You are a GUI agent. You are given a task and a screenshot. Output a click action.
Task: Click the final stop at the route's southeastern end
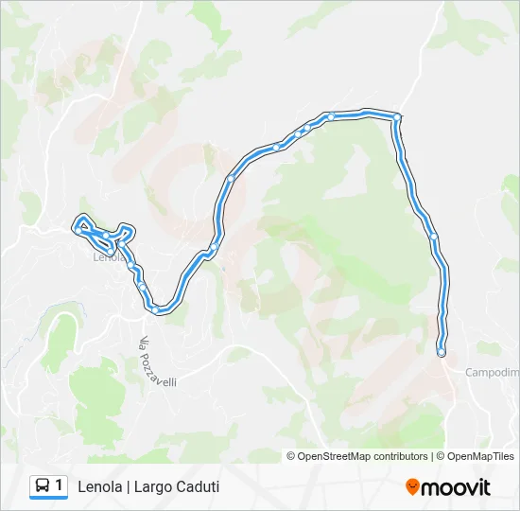[x=442, y=352]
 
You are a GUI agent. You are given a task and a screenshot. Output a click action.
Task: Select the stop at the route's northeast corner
[x=397, y=117]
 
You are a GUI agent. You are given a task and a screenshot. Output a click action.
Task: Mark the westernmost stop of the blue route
[x=78, y=227]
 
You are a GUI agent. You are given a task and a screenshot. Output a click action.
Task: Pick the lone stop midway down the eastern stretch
[x=433, y=237]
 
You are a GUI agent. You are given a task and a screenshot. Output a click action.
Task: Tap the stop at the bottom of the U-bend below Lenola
[x=155, y=308]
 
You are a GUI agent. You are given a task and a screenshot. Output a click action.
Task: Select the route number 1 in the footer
[x=60, y=485]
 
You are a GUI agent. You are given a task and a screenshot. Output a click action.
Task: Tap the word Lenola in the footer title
[x=100, y=486]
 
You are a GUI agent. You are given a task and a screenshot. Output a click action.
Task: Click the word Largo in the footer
[x=153, y=486]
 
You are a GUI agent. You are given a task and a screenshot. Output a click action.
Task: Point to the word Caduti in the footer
[x=199, y=486]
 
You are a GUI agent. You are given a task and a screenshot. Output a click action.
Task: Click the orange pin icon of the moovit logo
[x=412, y=487]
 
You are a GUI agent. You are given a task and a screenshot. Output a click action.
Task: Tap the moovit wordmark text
[x=456, y=487]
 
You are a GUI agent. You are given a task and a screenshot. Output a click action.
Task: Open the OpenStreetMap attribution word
[x=332, y=456]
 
